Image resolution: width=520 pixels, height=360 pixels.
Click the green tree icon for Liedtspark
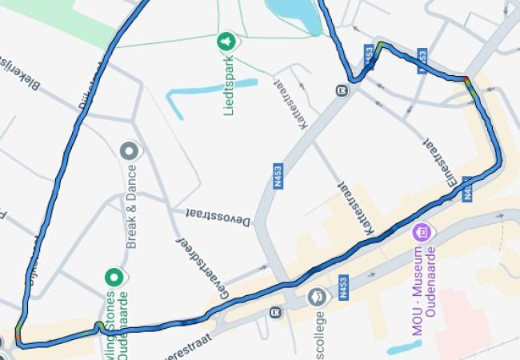pos(227,41)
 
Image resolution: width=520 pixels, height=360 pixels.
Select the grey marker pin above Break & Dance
pos(129,150)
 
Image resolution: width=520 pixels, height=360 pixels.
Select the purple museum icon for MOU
pos(419,234)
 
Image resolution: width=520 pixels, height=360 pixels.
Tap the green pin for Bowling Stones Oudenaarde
pos(114,278)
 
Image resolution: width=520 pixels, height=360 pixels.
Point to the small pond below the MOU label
pos(403,347)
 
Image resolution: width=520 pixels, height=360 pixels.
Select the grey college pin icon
pos(317,297)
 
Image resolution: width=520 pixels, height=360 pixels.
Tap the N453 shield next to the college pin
pos(343,288)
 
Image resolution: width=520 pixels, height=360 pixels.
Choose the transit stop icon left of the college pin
pos(277,311)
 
